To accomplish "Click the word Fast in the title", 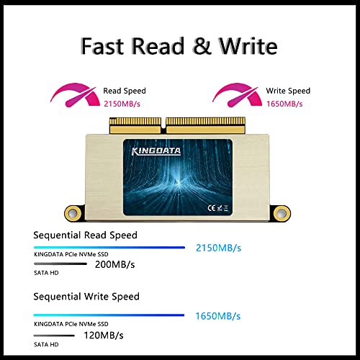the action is click(102, 45).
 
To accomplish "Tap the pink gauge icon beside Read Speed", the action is click(75, 95).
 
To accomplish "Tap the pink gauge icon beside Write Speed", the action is click(237, 95).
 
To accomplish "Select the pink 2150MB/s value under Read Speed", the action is click(122, 104).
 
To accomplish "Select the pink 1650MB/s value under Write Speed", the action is click(284, 104).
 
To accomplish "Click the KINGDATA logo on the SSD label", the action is click(156, 151).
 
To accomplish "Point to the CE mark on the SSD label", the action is click(212, 208).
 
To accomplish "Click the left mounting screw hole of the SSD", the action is click(73, 213).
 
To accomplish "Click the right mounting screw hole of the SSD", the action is click(282, 213).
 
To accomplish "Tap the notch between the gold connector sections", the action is click(163, 125).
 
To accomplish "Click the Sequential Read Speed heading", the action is click(85, 235).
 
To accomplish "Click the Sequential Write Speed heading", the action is click(86, 297).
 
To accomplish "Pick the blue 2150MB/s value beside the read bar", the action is click(218, 248).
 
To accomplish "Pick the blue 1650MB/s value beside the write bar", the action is click(218, 316).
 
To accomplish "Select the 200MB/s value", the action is click(115, 264).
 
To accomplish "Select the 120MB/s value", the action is click(104, 336).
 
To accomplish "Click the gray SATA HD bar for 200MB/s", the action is click(60, 264).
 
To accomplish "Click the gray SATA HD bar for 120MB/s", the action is click(54, 336).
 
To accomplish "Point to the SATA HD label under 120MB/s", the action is click(46, 345).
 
